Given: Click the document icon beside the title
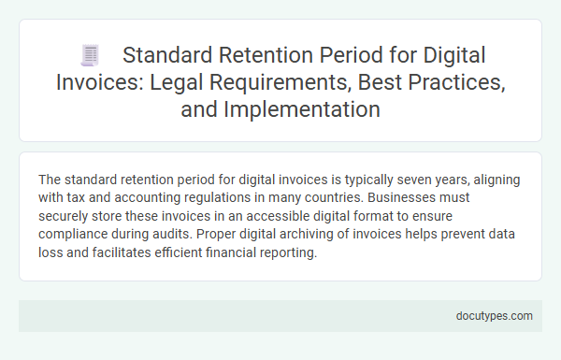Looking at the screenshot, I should coord(91,57).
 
